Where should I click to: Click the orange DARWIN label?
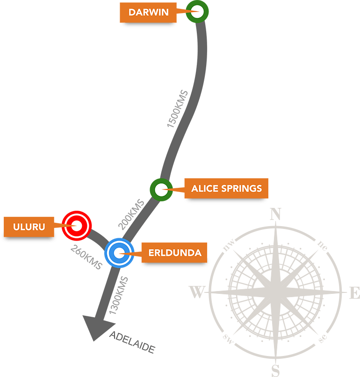[148, 13]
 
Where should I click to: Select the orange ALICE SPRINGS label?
[226, 188]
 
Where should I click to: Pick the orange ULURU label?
[29, 227]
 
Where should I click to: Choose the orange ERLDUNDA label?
[174, 253]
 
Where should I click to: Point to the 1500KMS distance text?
[178, 109]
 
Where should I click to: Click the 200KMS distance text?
[131, 214]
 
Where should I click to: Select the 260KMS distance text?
[86, 257]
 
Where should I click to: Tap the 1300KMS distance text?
[119, 296]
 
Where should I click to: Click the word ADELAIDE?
[132, 342]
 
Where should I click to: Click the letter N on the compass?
[275, 214]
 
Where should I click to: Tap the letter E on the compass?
[355, 292]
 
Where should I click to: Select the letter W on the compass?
[197, 292]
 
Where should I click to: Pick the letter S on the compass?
[276, 370]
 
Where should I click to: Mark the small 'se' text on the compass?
[323, 338]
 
